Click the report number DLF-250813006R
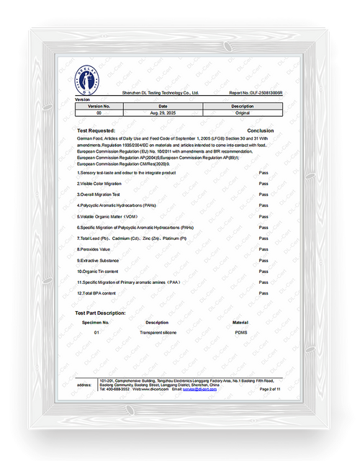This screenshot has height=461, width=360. (256, 94)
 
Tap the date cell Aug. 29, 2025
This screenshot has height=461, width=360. (163, 113)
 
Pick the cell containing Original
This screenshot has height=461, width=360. (243, 113)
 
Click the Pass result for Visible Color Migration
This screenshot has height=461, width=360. (264, 184)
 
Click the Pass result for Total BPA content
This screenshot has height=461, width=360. (264, 293)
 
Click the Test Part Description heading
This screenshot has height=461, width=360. (101, 313)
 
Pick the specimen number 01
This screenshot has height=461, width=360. (96, 334)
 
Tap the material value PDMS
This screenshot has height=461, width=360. (240, 334)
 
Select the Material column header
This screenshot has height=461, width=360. (240, 323)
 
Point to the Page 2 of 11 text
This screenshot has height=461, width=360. (270, 389)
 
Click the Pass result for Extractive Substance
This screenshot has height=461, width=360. (264, 260)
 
